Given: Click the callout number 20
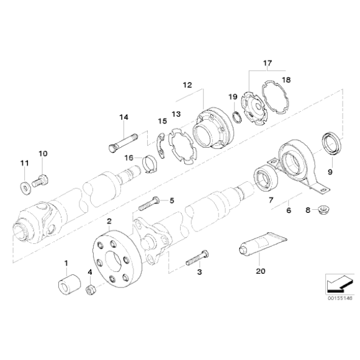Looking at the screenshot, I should click(260, 270).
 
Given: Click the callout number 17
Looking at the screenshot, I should click(268, 63).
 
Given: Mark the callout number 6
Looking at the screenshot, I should click(287, 211).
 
